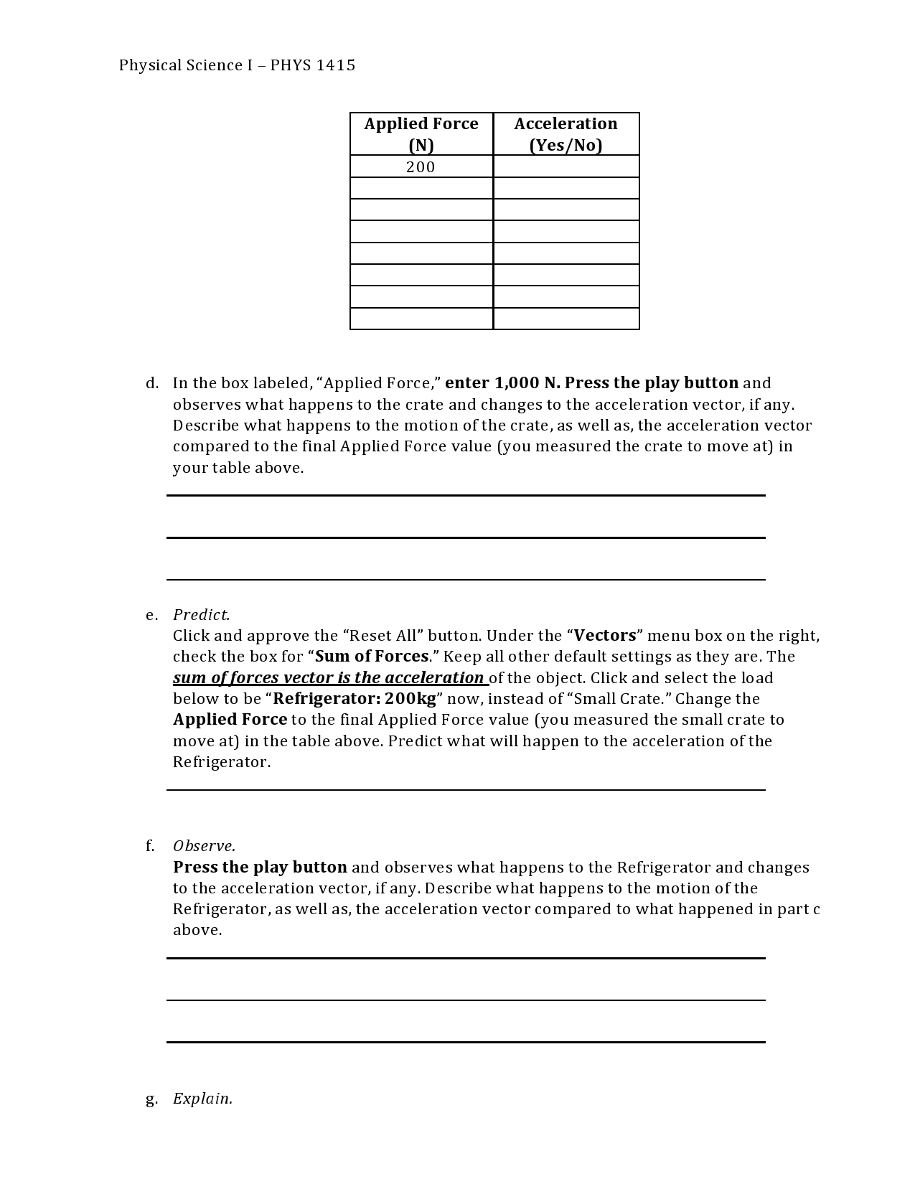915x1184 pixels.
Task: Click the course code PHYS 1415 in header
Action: pos(312,65)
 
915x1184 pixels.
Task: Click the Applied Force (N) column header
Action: pos(421,134)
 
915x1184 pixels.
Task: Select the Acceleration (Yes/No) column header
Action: pos(566,134)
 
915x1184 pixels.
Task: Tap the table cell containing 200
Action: pos(421,167)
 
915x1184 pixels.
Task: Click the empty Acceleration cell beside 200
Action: pos(566,167)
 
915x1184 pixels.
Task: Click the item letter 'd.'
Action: pos(151,383)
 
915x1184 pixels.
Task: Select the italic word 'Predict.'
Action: pos(202,615)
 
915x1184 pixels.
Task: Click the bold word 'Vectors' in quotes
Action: pos(605,636)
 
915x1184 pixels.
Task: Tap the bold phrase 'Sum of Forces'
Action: pos(372,657)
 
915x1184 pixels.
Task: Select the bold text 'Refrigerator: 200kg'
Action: pos(355,699)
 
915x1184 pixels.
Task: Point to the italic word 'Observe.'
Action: pos(204,846)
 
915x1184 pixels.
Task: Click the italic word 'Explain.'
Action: pos(202,1099)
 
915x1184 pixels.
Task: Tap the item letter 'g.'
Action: pos(151,1099)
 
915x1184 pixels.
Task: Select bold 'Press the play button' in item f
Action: pos(260,868)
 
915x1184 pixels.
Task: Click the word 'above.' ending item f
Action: pos(197,930)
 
